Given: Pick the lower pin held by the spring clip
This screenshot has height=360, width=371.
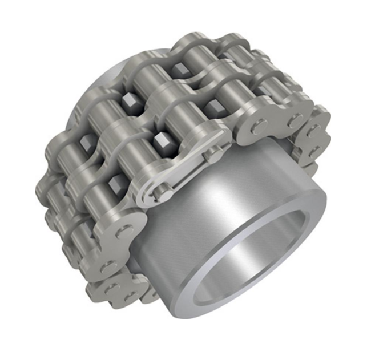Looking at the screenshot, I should click(x=158, y=195).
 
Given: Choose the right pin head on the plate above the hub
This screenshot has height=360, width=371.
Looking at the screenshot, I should click(x=295, y=120).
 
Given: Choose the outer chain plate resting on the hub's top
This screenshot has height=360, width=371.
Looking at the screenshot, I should click(x=274, y=126).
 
